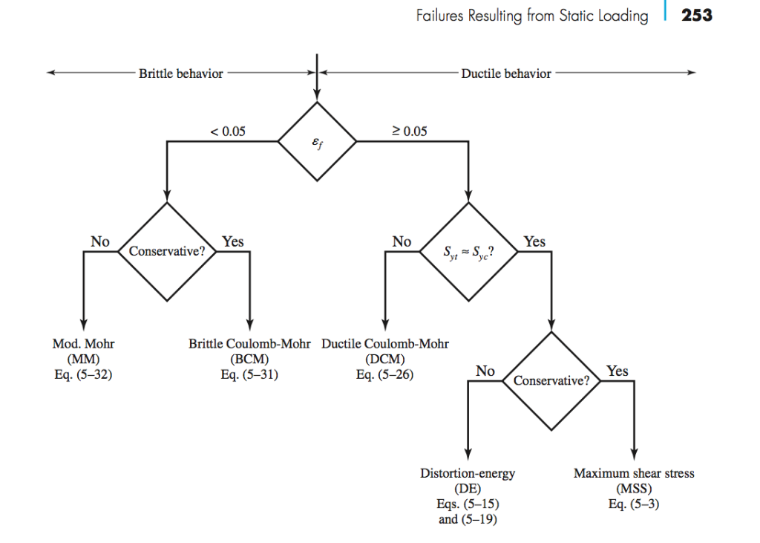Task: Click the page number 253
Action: click(696, 15)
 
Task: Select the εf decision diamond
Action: click(317, 140)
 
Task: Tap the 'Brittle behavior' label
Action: click(180, 74)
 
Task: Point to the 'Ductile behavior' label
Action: click(506, 74)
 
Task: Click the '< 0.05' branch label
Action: click(228, 131)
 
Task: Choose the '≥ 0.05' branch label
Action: click(410, 131)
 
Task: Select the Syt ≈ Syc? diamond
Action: click(469, 252)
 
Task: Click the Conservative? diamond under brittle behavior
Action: click(167, 251)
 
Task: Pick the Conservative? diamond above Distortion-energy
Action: click(551, 380)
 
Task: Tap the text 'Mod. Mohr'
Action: click(84, 344)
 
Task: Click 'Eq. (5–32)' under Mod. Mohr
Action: click(84, 374)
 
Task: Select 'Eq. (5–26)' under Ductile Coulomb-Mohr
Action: click(385, 374)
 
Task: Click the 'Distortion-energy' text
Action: click(468, 473)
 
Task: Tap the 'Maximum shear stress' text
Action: click(634, 473)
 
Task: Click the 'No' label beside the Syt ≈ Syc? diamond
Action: click(402, 241)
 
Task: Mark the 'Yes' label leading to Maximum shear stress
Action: click(617, 371)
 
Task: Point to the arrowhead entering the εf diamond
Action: click(317, 94)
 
